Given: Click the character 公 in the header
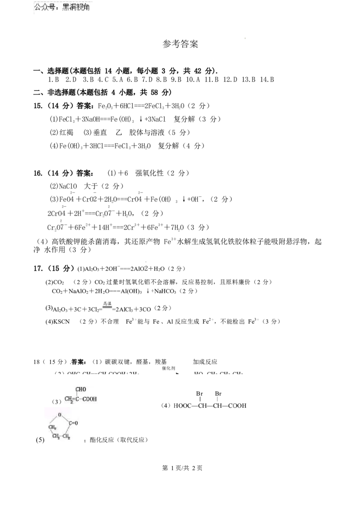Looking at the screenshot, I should [x=38, y=7].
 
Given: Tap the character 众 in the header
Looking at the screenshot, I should [x=46, y=7].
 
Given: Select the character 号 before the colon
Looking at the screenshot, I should [x=54, y=7].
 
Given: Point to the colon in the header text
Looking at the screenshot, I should [x=59, y=8].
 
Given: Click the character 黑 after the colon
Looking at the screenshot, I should [x=67, y=7].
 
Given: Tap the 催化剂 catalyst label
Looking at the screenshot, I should [x=167, y=369].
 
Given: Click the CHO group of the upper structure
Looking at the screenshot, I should [x=81, y=389].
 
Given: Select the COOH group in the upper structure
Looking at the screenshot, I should [x=89, y=399].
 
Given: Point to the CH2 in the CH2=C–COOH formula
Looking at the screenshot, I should [x=69, y=399].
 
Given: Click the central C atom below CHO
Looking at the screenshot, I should [x=77, y=399].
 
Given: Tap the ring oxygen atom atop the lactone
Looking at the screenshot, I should [x=59, y=415].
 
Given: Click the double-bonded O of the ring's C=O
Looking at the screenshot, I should [x=76, y=423].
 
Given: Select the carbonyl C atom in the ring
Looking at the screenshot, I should [x=70, y=423].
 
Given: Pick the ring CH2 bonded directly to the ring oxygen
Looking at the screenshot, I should [x=52, y=427].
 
